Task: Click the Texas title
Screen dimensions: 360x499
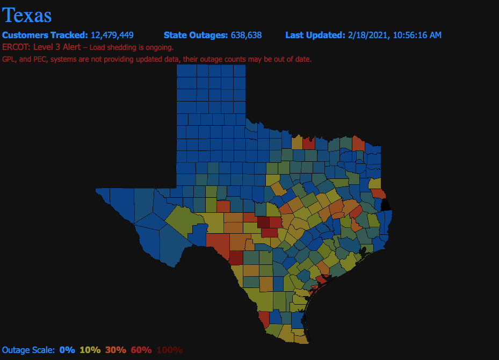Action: click(x=27, y=15)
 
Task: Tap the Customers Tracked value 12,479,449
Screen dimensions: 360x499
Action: click(x=112, y=35)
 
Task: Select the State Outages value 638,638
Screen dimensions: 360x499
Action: click(x=246, y=35)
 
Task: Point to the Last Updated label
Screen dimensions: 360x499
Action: click(x=315, y=35)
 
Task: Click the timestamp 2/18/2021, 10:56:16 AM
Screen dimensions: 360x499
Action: click(x=395, y=35)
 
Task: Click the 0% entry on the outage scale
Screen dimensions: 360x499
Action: click(x=67, y=350)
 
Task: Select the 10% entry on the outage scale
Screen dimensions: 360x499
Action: click(x=90, y=350)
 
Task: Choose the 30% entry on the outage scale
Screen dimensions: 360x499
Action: click(x=115, y=350)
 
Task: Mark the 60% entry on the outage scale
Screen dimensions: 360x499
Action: click(x=141, y=350)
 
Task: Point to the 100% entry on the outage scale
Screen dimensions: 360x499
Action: click(x=169, y=350)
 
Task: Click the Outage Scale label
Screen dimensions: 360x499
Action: click(x=28, y=350)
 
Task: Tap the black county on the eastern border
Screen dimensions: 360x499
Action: click(x=386, y=205)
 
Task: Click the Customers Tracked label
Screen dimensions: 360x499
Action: click(x=45, y=35)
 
